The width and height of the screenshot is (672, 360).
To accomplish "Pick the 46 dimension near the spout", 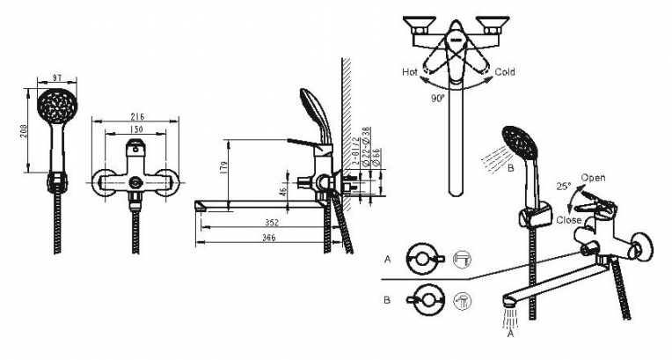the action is [283, 191].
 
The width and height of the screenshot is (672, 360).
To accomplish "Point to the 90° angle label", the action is [435, 99].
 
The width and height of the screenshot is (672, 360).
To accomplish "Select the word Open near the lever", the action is [594, 177].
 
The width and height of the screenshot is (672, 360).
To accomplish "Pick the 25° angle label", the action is [563, 187].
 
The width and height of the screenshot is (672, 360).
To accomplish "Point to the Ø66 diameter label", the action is [376, 158].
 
